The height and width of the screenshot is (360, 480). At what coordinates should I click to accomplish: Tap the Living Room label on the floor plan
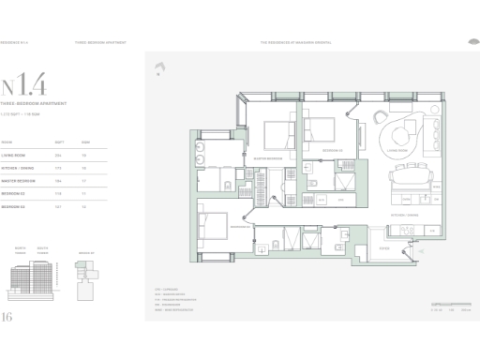click(397, 148)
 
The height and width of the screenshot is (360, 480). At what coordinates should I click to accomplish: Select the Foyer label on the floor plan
click(383, 248)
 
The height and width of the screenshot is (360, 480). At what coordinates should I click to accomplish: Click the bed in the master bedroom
click(278, 137)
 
